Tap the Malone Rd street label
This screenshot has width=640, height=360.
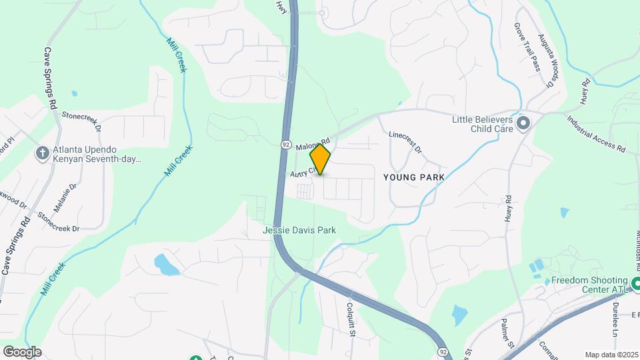click(x=313, y=143)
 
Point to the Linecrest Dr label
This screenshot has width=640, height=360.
click(x=405, y=141)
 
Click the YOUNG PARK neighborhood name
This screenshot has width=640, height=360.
click(x=413, y=178)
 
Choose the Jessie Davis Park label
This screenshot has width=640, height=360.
click(x=299, y=230)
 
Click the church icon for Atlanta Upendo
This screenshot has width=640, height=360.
click(x=42, y=154)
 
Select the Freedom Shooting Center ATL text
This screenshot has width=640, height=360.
click(x=589, y=285)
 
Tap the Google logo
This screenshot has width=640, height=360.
click(x=23, y=351)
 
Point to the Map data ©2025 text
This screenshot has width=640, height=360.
click(x=611, y=355)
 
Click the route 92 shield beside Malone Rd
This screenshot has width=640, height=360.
click(x=285, y=143)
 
